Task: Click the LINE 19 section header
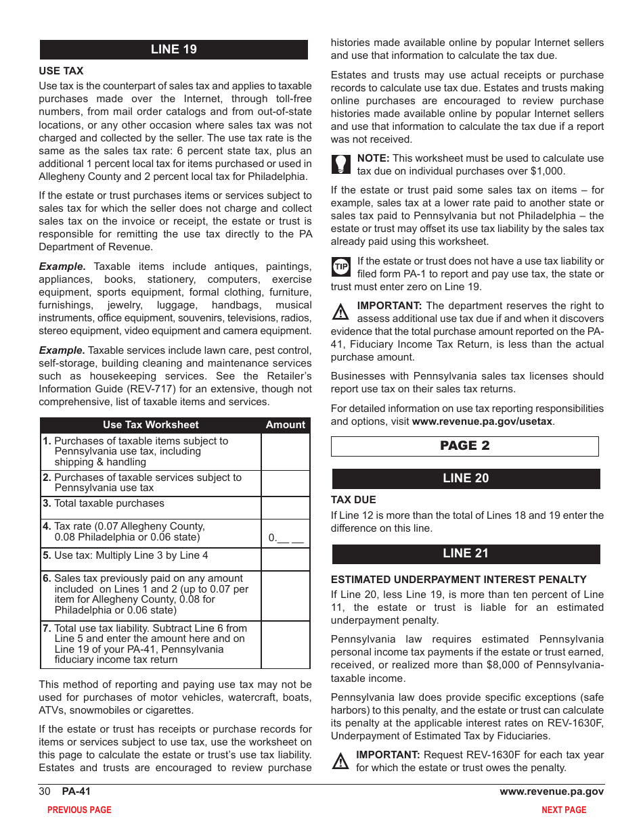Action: [x=174, y=49]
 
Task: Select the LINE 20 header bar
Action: [x=466, y=478]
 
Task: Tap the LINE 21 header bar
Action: [x=466, y=553]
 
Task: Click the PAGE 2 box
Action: [x=465, y=446]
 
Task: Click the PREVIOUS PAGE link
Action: [x=79, y=810]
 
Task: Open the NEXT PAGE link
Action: [x=564, y=810]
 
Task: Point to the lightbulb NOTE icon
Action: [x=340, y=164]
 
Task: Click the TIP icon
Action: [x=340, y=267]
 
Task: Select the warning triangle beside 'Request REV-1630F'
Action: [x=340, y=761]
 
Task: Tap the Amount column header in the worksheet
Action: [x=285, y=425]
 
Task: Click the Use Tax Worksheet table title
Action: [x=151, y=425]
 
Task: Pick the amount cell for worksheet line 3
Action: [x=285, y=507]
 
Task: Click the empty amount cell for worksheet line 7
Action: [x=285, y=645]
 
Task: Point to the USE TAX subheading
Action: [x=61, y=71]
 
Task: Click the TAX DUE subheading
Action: [x=353, y=500]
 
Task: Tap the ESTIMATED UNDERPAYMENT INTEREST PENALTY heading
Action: [x=458, y=580]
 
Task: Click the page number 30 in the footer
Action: [x=45, y=791]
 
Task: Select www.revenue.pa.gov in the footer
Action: [x=552, y=791]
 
